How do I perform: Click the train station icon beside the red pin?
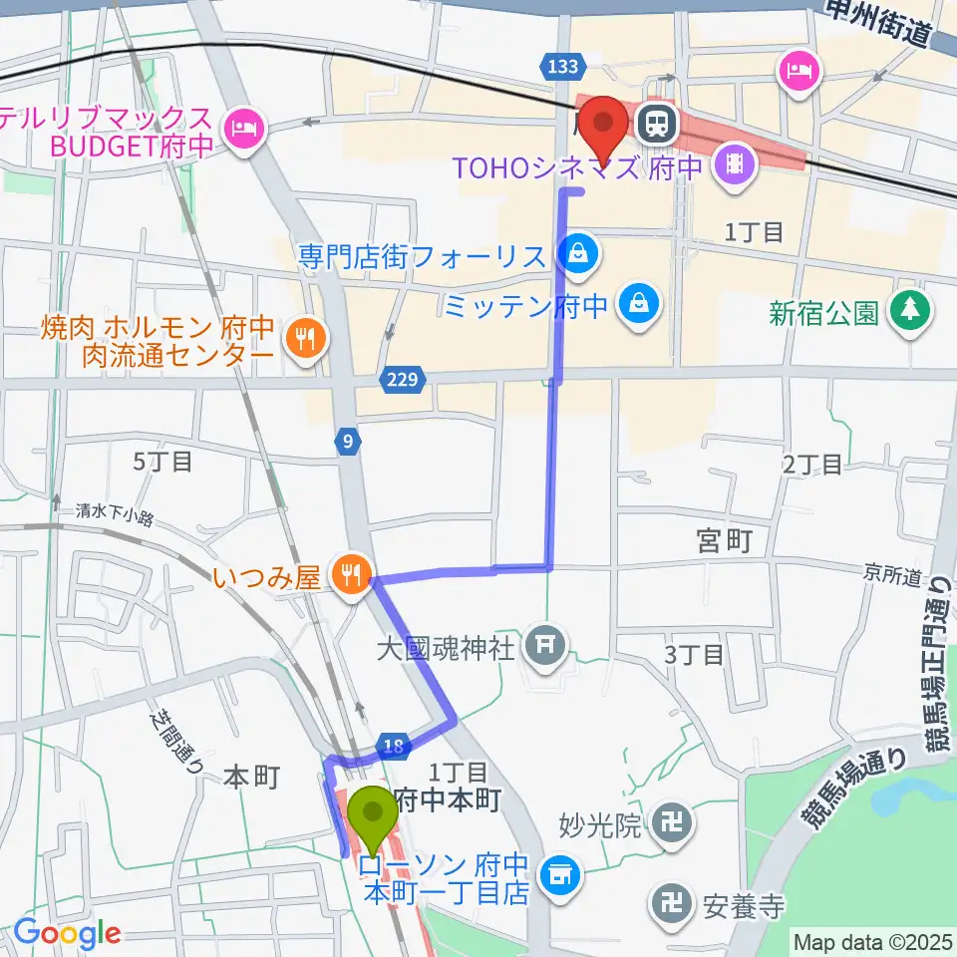[657, 124]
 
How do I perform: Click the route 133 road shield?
[562, 67]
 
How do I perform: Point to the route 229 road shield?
[404, 379]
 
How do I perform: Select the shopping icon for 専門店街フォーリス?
[578, 257]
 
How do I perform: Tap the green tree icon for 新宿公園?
[909, 310]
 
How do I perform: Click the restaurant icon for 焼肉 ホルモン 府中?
[302, 340]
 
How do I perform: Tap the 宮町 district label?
[723, 541]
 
